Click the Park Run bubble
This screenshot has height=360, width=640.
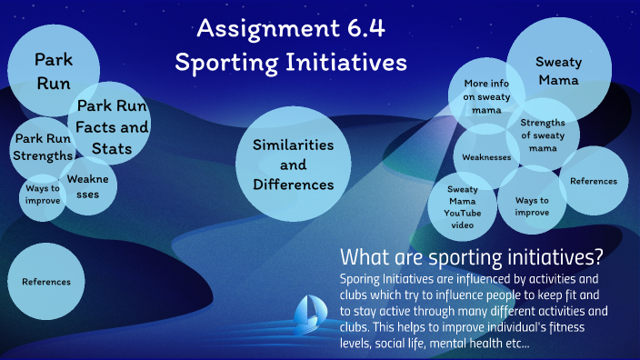point(53,71)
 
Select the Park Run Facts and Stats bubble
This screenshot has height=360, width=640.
point(111,127)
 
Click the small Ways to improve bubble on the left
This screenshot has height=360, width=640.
point(41,195)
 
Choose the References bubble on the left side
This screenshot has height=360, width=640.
point(45,282)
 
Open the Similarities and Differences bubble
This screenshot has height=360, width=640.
point(293,165)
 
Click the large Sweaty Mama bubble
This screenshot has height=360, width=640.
point(557,71)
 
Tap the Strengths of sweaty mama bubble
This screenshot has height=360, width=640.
point(543,134)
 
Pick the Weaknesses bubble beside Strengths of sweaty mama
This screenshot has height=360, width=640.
point(486,157)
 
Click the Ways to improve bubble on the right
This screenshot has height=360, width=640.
point(532,205)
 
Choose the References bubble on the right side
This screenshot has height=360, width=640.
point(593,181)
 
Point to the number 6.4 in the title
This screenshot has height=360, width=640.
point(363,29)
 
